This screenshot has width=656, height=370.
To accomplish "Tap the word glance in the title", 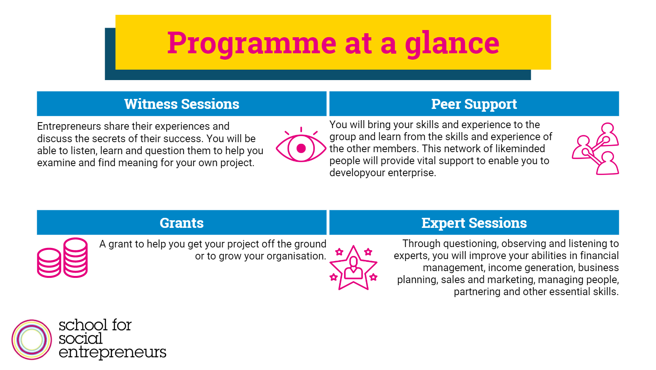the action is pos(452,44).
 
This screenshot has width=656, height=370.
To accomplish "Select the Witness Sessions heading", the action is pos(182,104).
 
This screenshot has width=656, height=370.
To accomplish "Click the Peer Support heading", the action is pos(474,105).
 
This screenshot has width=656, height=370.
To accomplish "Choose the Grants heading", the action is pos(182,223).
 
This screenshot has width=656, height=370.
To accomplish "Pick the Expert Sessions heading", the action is pos(474,223).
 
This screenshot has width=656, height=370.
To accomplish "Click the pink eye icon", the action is pos(301,145).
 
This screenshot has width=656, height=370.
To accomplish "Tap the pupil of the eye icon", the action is pos(301,148).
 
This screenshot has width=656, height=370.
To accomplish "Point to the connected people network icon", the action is pos(596,149).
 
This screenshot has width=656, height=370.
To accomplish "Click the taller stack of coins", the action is pos(76,257).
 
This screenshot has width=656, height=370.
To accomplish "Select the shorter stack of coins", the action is pos(49,263).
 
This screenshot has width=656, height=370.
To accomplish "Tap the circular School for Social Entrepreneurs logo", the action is pos(32,340).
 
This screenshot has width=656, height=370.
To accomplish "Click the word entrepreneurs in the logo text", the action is pos(112,352).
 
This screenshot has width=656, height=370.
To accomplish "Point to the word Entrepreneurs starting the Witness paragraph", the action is pos(69,127).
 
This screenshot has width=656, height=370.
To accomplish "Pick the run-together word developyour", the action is pos(357,173).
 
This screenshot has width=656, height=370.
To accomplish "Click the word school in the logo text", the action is pos(83,325).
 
